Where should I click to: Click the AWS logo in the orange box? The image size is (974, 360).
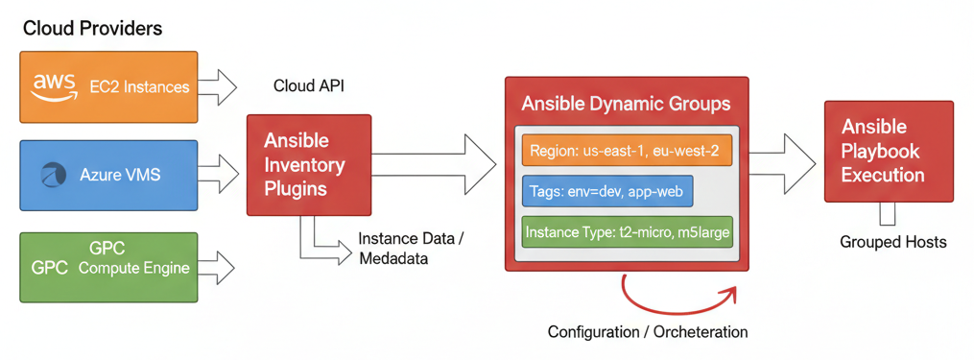click(54, 86)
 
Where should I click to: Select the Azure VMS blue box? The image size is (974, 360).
click(108, 176)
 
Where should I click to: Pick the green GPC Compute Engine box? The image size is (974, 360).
click(108, 267)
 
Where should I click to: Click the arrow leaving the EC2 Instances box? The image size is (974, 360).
click(221, 86)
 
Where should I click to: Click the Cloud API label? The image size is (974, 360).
click(308, 86)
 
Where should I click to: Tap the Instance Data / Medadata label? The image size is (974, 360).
click(410, 249)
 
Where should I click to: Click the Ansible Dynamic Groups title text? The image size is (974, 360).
click(625, 104)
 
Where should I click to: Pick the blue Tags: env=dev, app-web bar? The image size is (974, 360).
click(606, 192)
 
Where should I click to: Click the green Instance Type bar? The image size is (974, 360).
click(627, 232)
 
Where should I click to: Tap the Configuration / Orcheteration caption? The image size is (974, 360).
click(647, 332)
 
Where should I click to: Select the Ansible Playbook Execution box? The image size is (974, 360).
click(888, 151)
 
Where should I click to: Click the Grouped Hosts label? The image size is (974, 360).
click(892, 242)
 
